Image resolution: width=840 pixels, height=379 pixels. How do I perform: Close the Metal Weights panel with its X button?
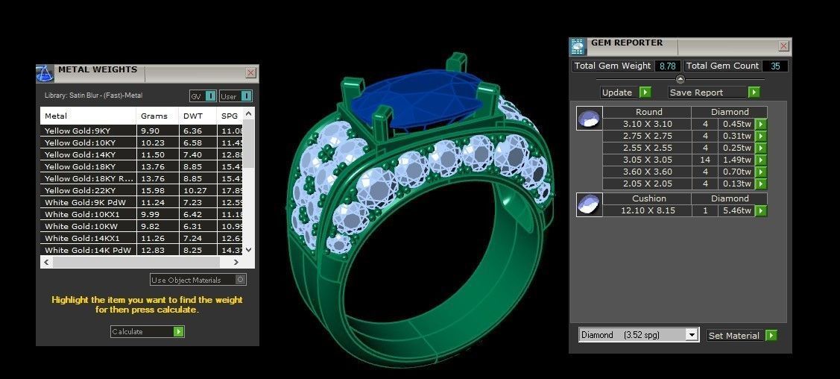[x=250, y=73]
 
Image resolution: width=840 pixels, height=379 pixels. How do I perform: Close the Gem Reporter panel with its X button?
[x=783, y=46]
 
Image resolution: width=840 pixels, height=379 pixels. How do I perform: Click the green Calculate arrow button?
[x=179, y=331]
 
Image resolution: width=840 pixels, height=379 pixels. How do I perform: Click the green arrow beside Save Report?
[x=754, y=93]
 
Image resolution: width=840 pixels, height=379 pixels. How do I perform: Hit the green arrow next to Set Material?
[x=771, y=336]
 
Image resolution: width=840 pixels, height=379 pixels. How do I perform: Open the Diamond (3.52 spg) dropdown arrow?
[x=692, y=336]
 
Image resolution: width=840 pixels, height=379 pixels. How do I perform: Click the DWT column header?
[x=191, y=116]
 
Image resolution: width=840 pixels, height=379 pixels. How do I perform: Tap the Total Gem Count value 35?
[x=775, y=66]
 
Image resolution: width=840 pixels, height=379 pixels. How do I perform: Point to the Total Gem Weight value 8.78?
[x=666, y=66]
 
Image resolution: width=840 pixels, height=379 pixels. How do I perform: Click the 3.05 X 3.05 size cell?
[x=647, y=160]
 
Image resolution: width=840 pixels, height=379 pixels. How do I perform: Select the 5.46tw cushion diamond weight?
[x=736, y=211]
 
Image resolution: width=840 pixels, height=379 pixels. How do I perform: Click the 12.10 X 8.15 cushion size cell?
[x=647, y=211]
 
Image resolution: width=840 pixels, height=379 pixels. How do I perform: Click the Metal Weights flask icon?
[x=45, y=73]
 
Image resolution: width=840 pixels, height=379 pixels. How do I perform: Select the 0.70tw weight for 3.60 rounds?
[x=736, y=172]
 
